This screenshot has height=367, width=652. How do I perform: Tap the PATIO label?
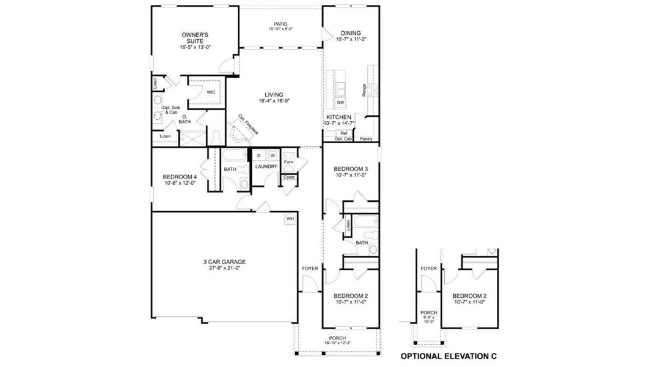(280, 24)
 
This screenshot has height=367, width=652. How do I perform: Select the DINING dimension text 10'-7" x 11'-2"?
(351, 40)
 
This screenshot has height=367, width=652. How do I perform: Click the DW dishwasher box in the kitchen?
(340, 102)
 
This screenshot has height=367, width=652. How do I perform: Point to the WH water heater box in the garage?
(290, 218)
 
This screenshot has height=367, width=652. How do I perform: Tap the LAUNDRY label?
(266, 166)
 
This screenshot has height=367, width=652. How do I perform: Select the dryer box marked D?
(258, 156)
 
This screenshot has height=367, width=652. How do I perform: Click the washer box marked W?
(273, 156)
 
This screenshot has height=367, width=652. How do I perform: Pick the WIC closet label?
(211, 92)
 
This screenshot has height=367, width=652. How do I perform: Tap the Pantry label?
(366, 139)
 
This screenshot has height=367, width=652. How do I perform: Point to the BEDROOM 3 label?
(351, 169)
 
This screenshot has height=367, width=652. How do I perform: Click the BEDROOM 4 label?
(180, 177)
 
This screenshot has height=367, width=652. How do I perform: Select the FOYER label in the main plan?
(310, 268)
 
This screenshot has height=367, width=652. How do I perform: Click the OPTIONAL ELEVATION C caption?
(449, 355)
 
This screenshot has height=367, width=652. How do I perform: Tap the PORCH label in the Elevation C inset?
(428, 313)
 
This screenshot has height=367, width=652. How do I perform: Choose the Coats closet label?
(288, 177)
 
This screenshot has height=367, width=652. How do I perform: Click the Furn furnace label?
(288, 162)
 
